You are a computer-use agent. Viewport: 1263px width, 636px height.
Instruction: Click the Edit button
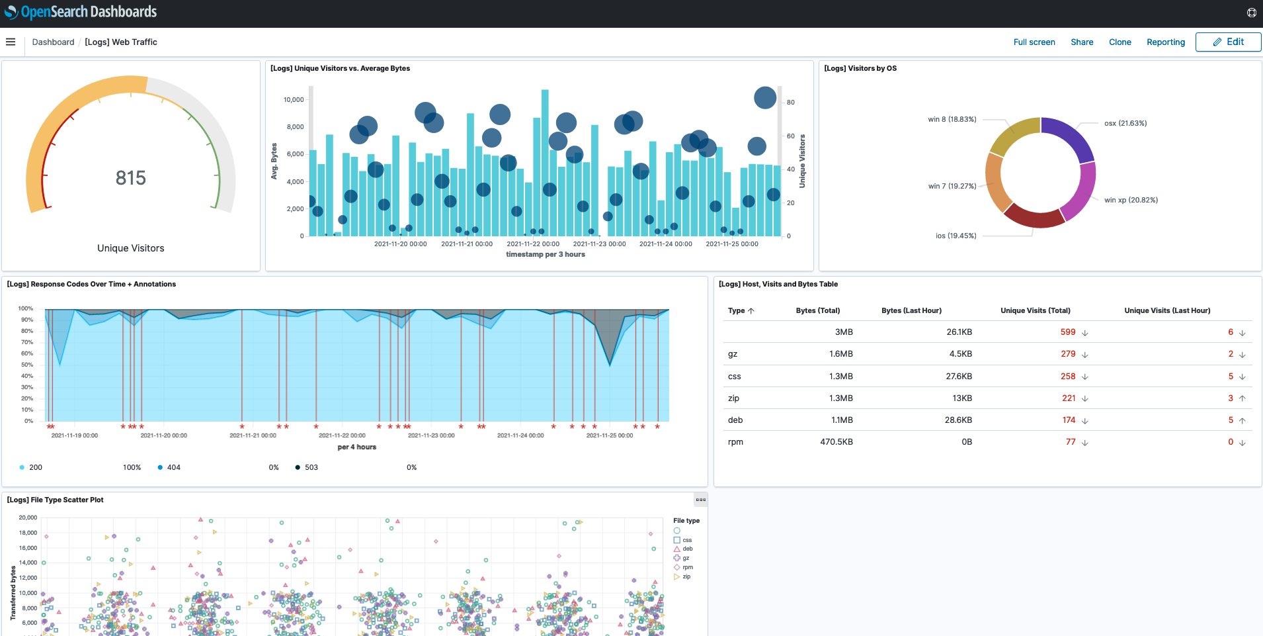click(1228, 42)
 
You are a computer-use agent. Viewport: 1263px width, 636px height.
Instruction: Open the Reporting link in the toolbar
click(1165, 42)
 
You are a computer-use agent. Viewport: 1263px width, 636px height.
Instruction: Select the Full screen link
click(1034, 42)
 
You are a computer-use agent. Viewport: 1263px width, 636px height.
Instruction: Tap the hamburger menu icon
click(11, 42)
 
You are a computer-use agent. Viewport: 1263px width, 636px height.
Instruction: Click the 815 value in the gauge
click(130, 178)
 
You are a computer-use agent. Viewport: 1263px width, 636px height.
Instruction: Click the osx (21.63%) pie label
click(1125, 123)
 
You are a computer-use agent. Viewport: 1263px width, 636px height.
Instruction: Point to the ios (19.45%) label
click(956, 236)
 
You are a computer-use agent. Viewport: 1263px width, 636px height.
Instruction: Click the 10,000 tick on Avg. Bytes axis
click(293, 100)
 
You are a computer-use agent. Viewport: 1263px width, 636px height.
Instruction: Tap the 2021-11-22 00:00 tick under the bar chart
click(532, 244)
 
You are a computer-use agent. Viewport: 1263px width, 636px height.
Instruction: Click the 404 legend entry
click(173, 467)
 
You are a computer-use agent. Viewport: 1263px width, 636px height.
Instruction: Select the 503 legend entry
click(311, 467)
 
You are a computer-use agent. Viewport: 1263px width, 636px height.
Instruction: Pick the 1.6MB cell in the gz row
click(840, 354)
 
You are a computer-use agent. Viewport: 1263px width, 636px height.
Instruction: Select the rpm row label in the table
click(735, 442)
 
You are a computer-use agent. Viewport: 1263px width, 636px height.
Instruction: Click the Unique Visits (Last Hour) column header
click(1166, 310)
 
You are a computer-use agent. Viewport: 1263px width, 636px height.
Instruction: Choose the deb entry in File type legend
click(687, 549)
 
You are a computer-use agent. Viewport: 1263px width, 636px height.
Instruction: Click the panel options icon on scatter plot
click(700, 500)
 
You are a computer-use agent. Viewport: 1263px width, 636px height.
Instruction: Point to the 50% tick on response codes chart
click(27, 365)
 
